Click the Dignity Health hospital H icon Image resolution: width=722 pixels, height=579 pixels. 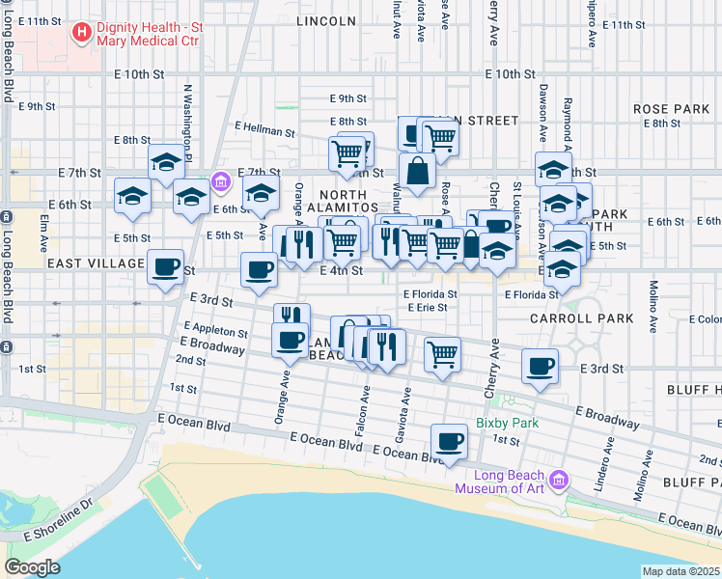(82, 33)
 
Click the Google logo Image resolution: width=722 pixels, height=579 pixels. (32, 567)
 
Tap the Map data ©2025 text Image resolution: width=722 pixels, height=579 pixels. (681, 571)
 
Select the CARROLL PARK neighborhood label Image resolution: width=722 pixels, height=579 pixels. (581, 317)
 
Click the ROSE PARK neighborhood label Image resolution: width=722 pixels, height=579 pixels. (671, 109)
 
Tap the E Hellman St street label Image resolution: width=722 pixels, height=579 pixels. (264, 128)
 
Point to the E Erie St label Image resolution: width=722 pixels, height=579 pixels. (426, 308)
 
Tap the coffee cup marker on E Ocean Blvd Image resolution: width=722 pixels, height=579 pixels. (448, 441)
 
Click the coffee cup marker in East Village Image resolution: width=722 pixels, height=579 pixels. (165, 265)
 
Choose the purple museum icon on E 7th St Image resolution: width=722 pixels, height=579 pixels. (220, 180)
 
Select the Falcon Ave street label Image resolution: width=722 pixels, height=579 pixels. (366, 408)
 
